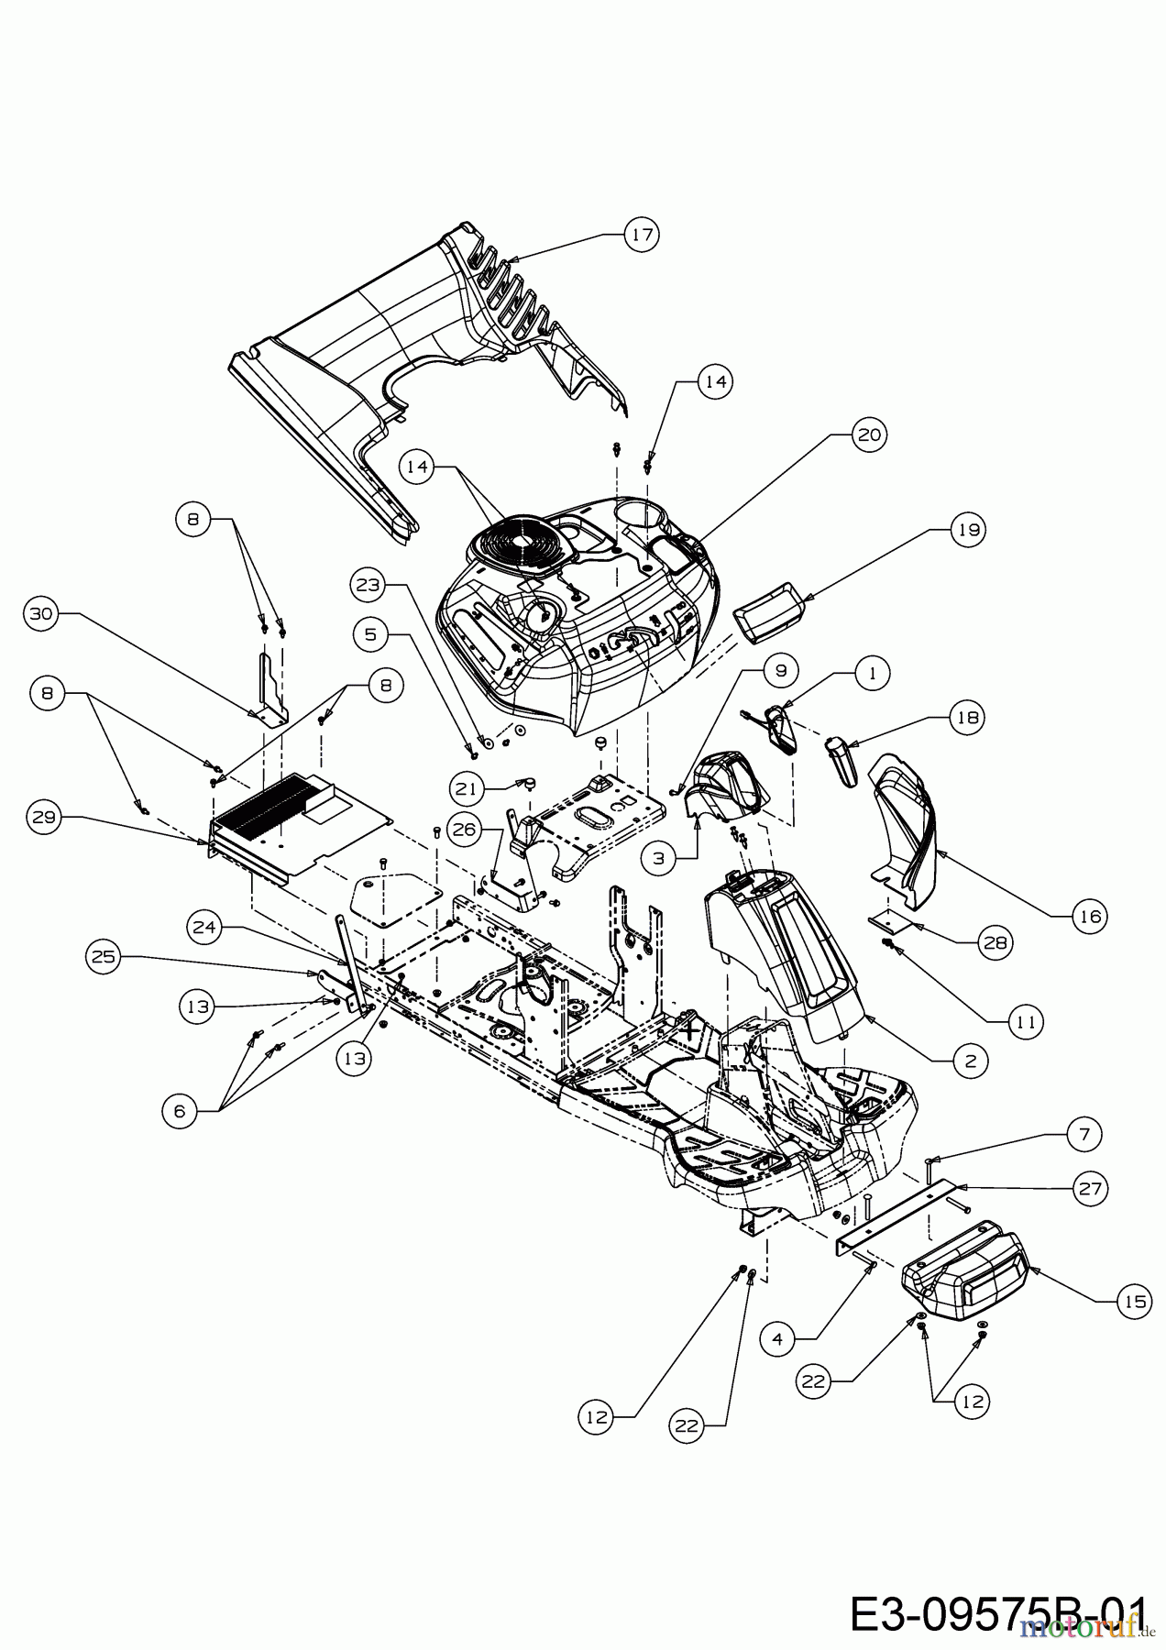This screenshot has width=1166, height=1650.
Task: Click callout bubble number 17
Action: [642, 235]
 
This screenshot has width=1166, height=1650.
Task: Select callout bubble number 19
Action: [969, 530]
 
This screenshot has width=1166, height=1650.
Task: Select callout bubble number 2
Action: [971, 1061]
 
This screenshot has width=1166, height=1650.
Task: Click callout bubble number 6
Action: [179, 1111]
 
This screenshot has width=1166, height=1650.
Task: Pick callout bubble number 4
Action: [778, 1338]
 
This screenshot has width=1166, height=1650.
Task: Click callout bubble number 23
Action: [368, 585]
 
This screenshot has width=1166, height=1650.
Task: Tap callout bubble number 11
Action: [1027, 1021]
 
